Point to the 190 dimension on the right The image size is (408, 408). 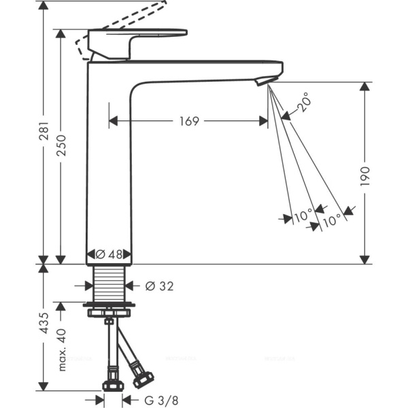[364, 175]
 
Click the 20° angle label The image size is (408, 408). [305, 103]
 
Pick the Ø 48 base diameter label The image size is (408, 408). [109, 254]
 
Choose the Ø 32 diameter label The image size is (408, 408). [159, 286]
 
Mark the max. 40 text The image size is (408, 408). [61, 347]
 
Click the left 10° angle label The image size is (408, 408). [302, 216]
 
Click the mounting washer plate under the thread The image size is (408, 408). [109, 308]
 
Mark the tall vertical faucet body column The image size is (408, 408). [109, 163]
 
